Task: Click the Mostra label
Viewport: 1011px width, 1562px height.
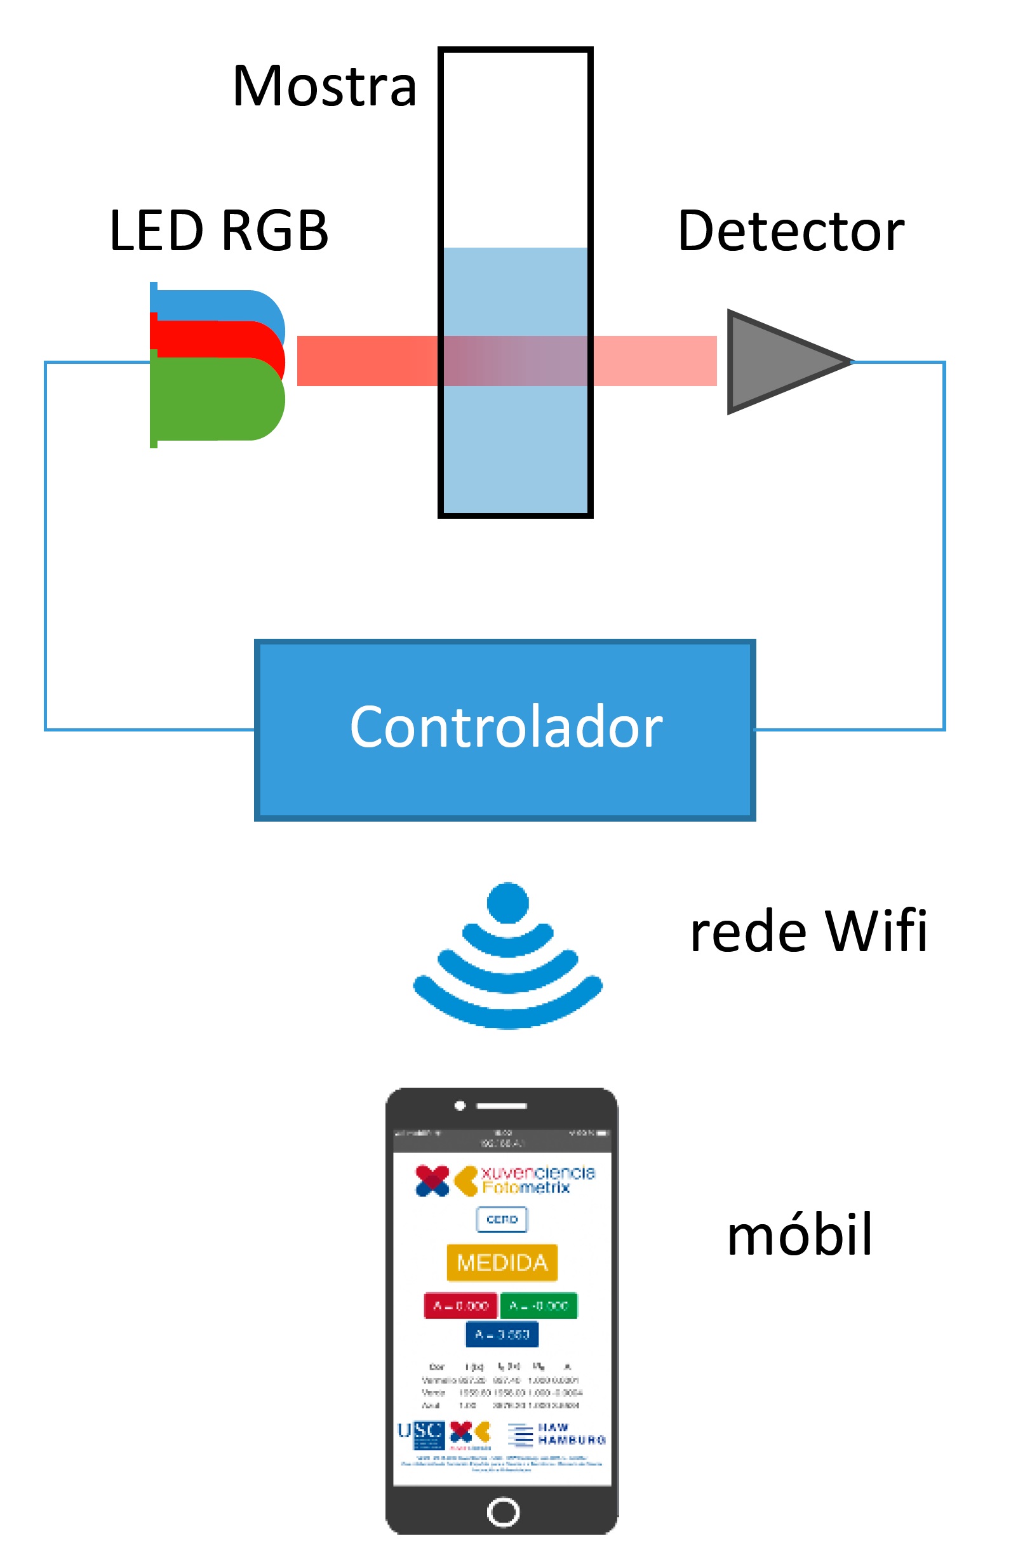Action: (325, 86)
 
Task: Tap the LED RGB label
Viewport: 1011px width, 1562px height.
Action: (218, 231)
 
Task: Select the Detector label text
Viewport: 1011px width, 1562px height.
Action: (791, 231)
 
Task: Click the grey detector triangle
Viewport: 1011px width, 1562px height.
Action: (775, 362)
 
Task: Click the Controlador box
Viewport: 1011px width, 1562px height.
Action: (505, 729)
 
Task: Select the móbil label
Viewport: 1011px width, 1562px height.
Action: (800, 1234)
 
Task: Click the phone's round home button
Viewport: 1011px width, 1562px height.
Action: (503, 1511)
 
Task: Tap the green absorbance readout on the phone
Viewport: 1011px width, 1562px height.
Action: (539, 1305)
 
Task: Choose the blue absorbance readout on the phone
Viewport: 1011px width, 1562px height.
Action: (502, 1334)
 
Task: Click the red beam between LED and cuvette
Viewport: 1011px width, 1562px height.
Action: (368, 361)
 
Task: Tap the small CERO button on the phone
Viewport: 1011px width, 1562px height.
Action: (502, 1219)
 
